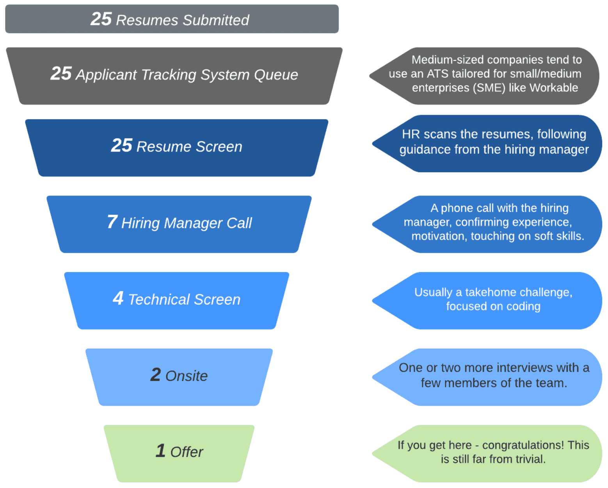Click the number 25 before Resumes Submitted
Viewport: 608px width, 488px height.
pyautogui.click(x=101, y=19)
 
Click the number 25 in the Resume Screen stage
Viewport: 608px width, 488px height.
pyautogui.click(x=121, y=145)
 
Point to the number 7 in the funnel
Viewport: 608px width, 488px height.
pyautogui.click(x=112, y=222)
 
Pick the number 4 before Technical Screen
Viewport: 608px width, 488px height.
pyautogui.click(x=118, y=298)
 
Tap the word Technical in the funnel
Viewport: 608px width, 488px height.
pyautogui.click(x=159, y=299)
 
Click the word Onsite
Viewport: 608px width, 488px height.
pyautogui.click(x=186, y=376)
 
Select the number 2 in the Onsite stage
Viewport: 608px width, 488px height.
pyautogui.click(x=155, y=375)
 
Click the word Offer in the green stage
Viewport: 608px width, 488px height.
pyautogui.click(x=187, y=452)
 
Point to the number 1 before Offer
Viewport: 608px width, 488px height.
pyautogui.click(x=160, y=451)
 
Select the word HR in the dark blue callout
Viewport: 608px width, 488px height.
pyautogui.click(x=411, y=134)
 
